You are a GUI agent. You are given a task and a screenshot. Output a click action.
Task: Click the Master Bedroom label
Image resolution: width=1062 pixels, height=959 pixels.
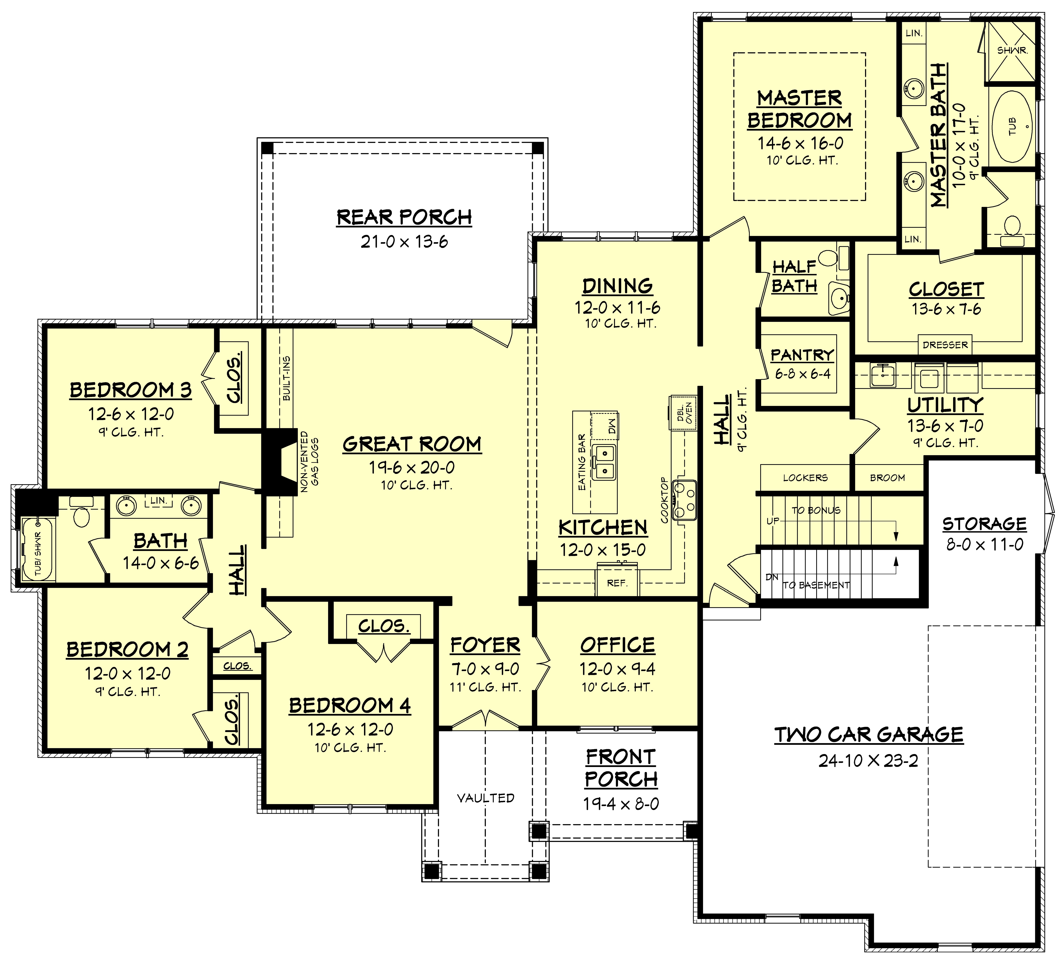(800, 109)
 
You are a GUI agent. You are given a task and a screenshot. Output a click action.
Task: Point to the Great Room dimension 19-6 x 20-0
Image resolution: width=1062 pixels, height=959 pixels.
(411, 467)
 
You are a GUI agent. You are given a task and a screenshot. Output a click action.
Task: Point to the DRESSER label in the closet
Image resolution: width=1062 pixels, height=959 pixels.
(945, 345)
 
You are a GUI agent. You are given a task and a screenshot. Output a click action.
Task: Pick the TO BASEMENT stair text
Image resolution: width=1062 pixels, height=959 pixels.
(816, 585)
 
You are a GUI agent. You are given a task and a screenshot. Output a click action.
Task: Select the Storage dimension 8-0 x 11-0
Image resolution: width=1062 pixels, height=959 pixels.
(985, 544)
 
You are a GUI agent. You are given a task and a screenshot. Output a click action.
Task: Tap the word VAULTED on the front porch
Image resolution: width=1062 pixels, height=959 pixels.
(485, 798)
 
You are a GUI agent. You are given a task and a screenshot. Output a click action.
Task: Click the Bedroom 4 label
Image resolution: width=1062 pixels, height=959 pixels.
(350, 705)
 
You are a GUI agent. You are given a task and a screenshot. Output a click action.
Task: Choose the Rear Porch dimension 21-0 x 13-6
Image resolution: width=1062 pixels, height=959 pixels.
(404, 242)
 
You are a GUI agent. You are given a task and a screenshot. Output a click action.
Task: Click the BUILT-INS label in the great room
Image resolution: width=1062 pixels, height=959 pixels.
(287, 378)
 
